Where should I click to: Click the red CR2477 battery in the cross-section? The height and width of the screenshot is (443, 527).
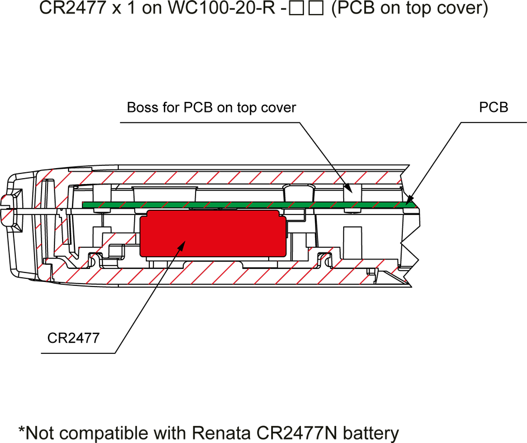(x=213, y=233)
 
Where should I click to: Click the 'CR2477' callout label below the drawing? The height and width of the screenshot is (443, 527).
(x=73, y=338)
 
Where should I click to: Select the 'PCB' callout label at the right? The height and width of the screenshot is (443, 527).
(x=494, y=107)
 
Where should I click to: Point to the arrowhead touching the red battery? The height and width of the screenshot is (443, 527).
(x=182, y=246)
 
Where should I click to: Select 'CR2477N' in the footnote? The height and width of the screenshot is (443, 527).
(x=297, y=433)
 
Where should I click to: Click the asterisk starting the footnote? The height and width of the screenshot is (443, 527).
(x=22, y=430)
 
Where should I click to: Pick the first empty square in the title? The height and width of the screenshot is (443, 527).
(x=296, y=8)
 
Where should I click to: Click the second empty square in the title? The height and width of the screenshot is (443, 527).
(x=316, y=8)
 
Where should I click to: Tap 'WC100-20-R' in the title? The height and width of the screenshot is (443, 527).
(x=221, y=8)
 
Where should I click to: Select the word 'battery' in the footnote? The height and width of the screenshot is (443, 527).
(x=371, y=434)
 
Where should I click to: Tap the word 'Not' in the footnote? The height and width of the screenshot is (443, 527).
(x=40, y=433)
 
